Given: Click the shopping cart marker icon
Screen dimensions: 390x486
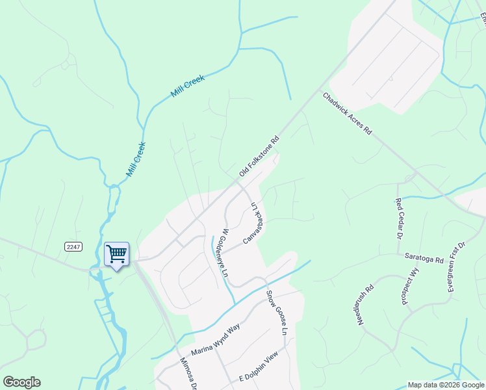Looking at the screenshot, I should coord(117,253).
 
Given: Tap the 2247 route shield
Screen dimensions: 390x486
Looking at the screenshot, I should coord(73,246).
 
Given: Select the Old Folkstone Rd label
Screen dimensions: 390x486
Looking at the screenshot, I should coord(259,156).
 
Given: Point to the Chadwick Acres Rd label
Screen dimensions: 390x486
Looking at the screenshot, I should coord(347,113).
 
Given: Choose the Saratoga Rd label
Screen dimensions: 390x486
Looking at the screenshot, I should coord(425,259).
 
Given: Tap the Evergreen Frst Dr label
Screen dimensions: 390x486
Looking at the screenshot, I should coord(457,266).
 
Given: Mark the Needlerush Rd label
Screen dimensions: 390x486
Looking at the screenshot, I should coord(366,304).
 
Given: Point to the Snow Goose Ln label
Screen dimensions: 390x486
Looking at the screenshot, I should coord(275,312).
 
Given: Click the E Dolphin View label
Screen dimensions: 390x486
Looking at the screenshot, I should coord(259,366).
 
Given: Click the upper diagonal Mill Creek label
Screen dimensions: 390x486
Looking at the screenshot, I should coord(188,86).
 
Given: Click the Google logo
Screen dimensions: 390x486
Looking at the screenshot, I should coord(21,382).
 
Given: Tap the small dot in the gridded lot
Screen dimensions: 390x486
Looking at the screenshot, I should coord(392,79).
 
